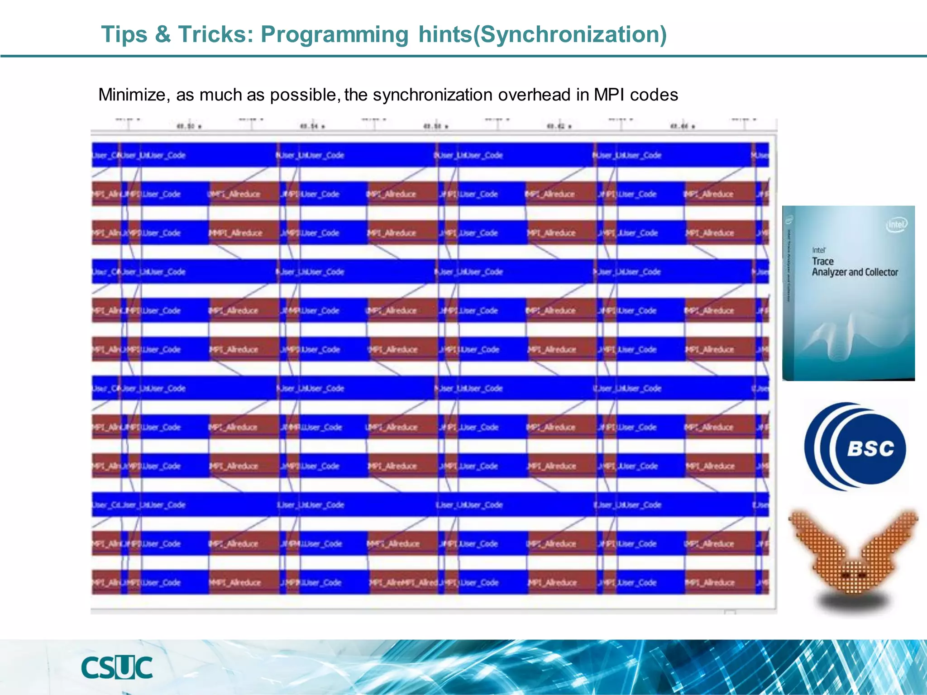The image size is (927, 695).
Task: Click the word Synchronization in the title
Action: (x=570, y=35)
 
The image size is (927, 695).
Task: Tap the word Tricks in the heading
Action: (x=212, y=35)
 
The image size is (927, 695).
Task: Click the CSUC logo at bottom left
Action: (x=117, y=667)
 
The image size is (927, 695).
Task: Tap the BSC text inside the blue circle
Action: (x=870, y=449)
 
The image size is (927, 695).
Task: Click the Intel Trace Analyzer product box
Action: (x=848, y=293)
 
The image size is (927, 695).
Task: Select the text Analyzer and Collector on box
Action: (x=855, y=272)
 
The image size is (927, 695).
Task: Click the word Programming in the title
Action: (x=334, y=35)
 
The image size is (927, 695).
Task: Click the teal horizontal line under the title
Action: (x=463, y=56)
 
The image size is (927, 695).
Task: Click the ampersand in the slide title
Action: (x=162, y=35)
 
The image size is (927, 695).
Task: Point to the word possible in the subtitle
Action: (x=304, y=95)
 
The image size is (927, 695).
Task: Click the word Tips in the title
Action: (x=124, y=35)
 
